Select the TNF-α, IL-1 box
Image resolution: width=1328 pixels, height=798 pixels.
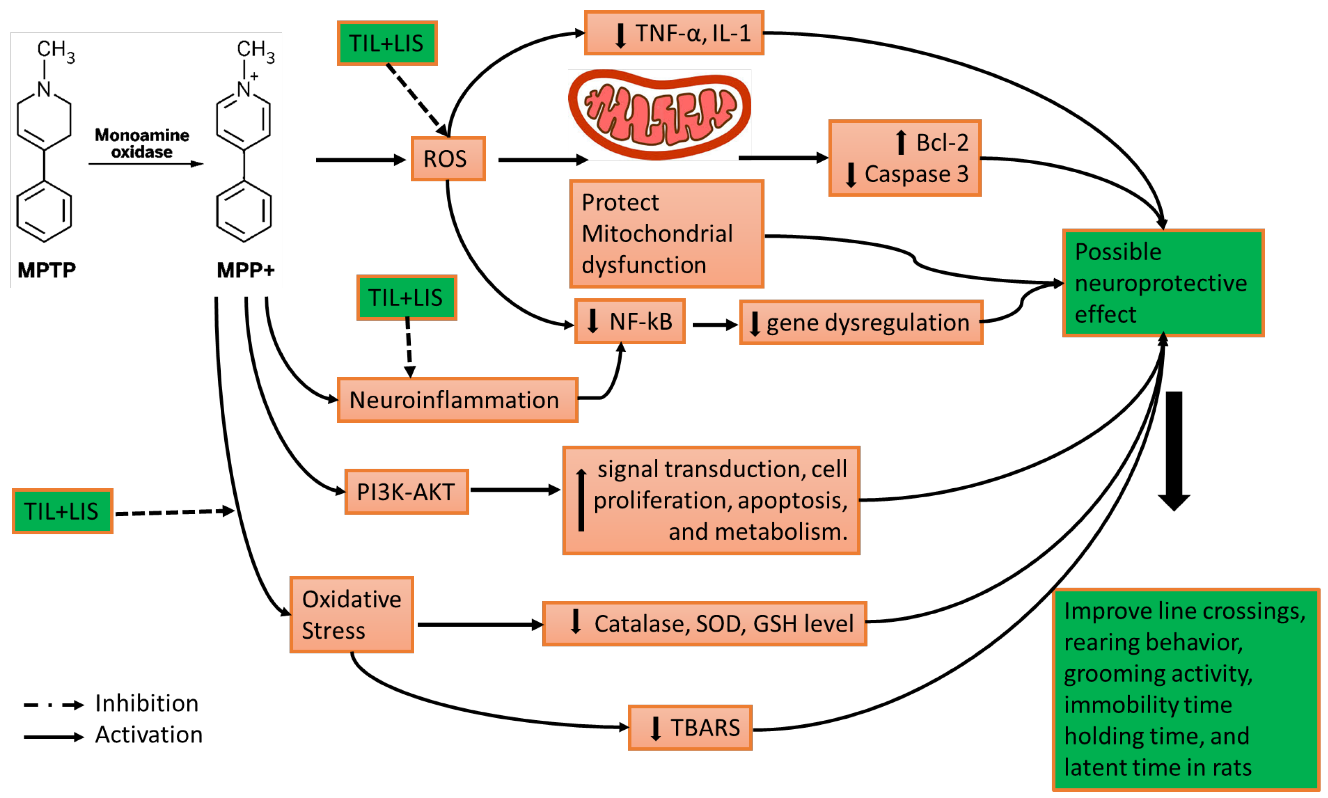pyautogui.click(x=673, y=33)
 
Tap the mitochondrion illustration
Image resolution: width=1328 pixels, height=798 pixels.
pyautogui.click(x=659, y=114)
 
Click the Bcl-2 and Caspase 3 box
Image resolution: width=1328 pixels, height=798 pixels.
pyautogui.click(x=904, y=158)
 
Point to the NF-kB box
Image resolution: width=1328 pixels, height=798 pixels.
pyautogui.click(x=629, y=321)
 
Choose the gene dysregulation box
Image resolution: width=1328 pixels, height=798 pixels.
pyautogui.click(x=861, y=323)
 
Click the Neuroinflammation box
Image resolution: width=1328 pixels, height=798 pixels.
pyautogui.click(x=457, y=400)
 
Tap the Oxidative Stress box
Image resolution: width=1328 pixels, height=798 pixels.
pyautogui.click(x=351, y=615)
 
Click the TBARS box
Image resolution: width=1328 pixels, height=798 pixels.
pyautogui.click(x=690, y=728)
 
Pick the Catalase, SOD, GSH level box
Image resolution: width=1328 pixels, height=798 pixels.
pyautogui.click(x=704, y=624)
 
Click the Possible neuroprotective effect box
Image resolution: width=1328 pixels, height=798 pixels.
pyautogui.click(x=1163, y=283)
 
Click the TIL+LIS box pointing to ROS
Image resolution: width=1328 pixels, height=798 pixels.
pyautogui.click(x=387, y=43)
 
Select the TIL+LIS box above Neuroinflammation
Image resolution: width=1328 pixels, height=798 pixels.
pyautogui.click(x=406, y=298)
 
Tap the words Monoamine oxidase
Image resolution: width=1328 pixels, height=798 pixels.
pyautogui.click(x=142, y=143)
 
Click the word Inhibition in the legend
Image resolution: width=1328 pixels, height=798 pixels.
pyautogui.click(x=147, y=703)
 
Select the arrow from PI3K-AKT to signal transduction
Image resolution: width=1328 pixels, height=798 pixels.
pyautogui.click(x=515, y=490)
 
